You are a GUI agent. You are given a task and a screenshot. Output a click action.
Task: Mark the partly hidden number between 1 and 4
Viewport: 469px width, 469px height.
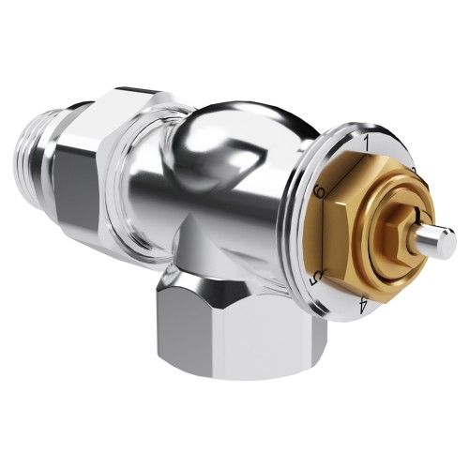412,169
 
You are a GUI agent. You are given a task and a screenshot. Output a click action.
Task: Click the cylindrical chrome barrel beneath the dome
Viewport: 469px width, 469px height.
216,225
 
